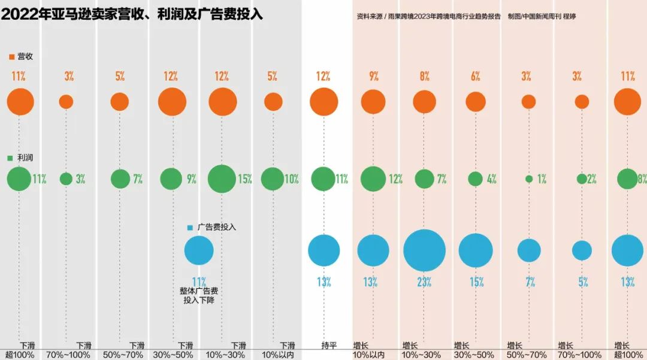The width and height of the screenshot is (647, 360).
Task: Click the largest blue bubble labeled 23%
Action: pyautogui.click(x=424, y=250)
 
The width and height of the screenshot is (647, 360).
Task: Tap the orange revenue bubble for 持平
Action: pyautogui.click(x=323, y=101)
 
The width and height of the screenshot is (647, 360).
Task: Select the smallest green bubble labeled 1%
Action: pyautogui.click(x=528, y=179)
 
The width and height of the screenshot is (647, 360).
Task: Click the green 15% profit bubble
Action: pyautogui.click(x=222, y=179)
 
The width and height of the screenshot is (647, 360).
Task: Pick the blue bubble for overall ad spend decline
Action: pyautogui.click(x=199, y=250)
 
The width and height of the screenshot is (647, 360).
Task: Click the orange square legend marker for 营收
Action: pyautogui.click(x=11, y=56)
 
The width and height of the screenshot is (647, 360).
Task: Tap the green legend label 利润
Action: pyautogui.click(x=25, y=158)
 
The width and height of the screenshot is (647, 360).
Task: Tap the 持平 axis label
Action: pyautogui.click(x=329, y=346)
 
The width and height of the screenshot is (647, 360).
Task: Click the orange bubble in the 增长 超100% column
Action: pyautogui.click(x=627, y=101)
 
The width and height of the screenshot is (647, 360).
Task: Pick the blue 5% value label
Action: pyautogui.click(x=583, y=282)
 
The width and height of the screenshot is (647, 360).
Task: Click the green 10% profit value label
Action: pyautogui.click(x=292, y=179)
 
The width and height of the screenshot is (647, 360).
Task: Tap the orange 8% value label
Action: pyautogui.click(x=424, y=76)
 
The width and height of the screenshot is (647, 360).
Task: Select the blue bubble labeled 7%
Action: pyautogui.click(x=529, y=250)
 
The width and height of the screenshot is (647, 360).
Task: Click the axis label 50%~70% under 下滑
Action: pyautogui.click(x=123, y=355)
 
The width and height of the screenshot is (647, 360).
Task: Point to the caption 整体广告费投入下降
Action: pyautogui.click(x=199, y=295)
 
